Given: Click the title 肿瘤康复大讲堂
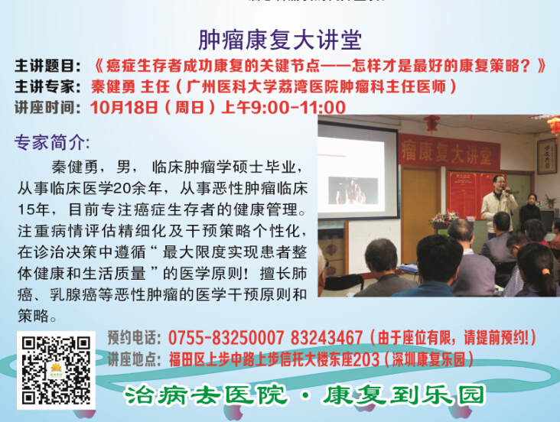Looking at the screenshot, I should (280, 40).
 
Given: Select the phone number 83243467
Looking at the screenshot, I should (316, 338).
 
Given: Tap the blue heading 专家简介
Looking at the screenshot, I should (51, 143).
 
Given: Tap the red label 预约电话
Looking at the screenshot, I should (133, 338).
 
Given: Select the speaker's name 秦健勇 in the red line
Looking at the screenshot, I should (119, 86).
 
